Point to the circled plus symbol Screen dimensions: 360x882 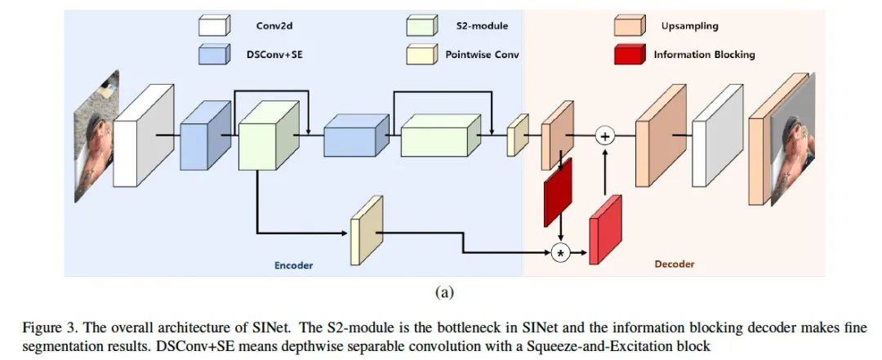point(604,136)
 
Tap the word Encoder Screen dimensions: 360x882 point(293,265)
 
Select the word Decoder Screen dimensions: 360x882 point(675,264)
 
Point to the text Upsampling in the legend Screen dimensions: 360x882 point(690,25)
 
